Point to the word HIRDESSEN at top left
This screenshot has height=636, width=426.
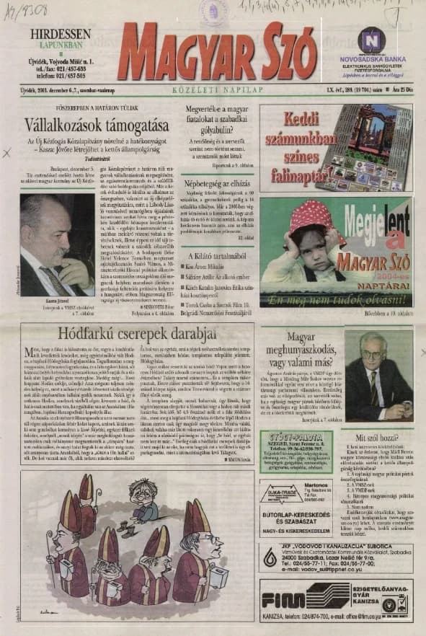tap(60, 33)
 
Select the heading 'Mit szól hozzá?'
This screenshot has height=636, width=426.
tap(376, 438)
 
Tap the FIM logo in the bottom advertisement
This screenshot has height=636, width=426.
tap(283, 600)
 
